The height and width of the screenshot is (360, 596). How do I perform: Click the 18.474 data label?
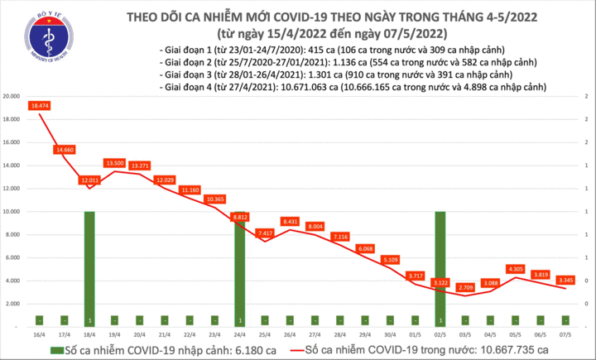pos(41,106)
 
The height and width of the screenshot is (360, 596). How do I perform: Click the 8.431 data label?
pos(290,221)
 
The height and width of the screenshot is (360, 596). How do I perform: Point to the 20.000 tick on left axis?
pos(12,96)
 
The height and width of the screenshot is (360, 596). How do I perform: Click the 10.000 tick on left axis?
pos(12,211)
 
